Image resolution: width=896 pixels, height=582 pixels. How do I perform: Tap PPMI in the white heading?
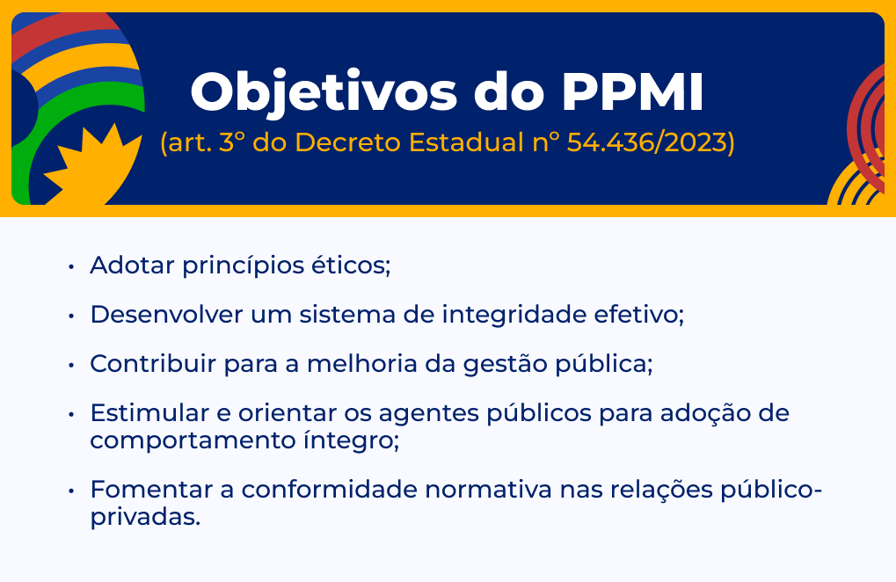[x=632, y=92]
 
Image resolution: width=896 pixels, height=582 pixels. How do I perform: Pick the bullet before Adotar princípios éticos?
[x=71, y=266]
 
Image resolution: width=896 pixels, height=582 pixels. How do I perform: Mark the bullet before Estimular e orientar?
[x=71, y=414]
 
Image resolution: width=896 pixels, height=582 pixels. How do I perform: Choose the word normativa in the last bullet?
[x=489, y=490]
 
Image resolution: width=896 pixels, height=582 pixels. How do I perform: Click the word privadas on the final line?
[x=145, y=518]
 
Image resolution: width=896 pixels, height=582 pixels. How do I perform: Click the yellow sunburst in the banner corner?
[x=94, y=165]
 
